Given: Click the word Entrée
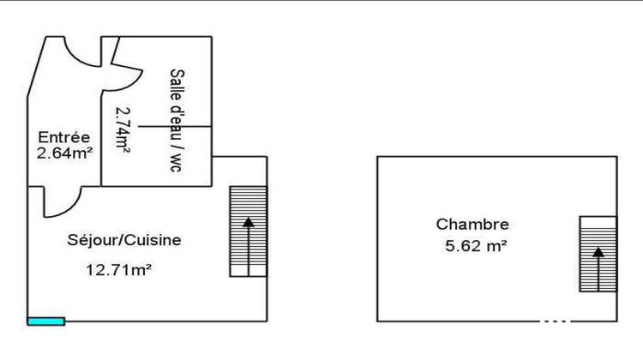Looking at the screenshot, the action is (x=64, y=137).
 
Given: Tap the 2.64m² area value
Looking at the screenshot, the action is (x=64, y=153).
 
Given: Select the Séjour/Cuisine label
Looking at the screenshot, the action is (x=123, y=240).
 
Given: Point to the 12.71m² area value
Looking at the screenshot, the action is (x=118, y=270).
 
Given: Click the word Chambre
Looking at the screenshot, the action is (x=472, y=225).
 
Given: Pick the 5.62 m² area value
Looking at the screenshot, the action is (x=476, y=246).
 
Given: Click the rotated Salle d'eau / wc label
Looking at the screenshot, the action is (x=177, y=120).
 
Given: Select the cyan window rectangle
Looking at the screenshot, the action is (x=46, y=321).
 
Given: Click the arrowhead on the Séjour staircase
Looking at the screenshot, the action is (x=248, y=222).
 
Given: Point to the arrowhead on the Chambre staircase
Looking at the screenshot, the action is (x=598, y=252).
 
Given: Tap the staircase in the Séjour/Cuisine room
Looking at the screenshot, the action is (x=248, y=231).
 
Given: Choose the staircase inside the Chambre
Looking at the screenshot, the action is (x=598, y=255).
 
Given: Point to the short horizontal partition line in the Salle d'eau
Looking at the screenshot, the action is (x=175, y=126).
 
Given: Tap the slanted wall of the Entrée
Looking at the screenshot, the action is (x=37, y=67).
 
